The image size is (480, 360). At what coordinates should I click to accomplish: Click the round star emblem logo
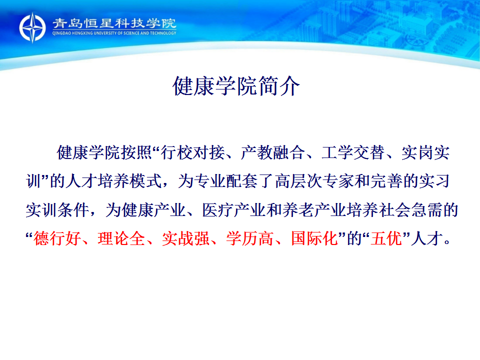(32, 27)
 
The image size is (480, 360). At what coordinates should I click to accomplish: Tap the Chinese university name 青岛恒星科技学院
(114, 23)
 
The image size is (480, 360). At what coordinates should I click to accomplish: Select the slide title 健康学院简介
(236, 86)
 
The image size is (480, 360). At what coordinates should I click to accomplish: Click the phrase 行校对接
(193, 152)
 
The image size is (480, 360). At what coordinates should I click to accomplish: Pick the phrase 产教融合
(273, 152)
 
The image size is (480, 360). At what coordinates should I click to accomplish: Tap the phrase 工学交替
(353, 152)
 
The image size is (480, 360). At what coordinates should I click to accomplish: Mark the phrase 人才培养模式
(114, 181)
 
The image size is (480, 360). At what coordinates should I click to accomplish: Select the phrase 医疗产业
(234, 210)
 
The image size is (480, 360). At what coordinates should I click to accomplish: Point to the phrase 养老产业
(314, 210)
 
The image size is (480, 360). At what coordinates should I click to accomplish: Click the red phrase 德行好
(57, 238)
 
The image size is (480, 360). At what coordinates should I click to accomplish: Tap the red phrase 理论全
(121, 238)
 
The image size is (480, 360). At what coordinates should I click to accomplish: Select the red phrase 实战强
(186, 238)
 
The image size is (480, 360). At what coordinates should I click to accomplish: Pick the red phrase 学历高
(250, 238)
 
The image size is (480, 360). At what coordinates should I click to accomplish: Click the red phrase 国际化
(314, 238)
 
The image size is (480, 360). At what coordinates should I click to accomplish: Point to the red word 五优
(386, 238)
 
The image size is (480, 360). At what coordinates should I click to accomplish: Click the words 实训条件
(57, 210)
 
